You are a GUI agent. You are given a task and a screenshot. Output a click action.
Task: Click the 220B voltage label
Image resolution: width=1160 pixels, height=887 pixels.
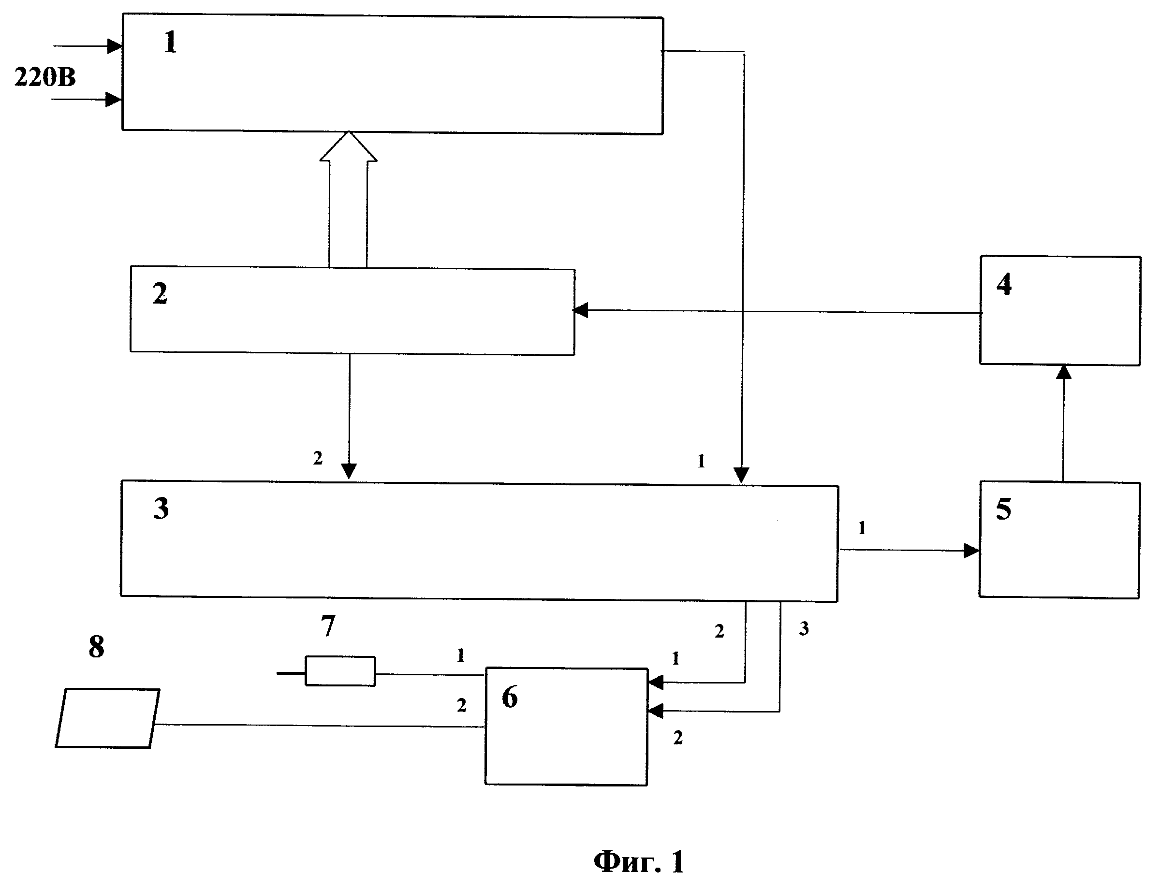(45, 77)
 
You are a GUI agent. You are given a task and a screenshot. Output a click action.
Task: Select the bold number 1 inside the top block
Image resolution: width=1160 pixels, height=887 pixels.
(170, 42)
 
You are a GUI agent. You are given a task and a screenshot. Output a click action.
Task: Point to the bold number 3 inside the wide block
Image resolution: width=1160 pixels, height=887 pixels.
(161, 508)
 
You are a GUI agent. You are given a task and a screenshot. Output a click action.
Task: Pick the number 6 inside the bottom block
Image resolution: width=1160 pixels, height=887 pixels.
(510, 697)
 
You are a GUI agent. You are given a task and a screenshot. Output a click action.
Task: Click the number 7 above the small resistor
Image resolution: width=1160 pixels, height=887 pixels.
(328, 625)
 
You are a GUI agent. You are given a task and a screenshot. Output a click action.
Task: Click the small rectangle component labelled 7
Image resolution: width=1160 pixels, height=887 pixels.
(340, 671)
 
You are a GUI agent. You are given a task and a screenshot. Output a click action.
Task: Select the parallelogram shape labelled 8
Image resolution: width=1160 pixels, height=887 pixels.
(107, 718)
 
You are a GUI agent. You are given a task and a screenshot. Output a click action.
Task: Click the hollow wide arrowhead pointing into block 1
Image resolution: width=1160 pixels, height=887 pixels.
(349, 146)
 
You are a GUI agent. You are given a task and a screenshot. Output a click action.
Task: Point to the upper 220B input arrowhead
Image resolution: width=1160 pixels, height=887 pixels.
(115, 46)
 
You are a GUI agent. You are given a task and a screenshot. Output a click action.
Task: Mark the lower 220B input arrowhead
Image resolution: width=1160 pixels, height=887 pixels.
(114, 99)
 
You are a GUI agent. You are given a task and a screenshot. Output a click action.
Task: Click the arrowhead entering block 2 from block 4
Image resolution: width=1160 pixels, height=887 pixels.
(581, 310)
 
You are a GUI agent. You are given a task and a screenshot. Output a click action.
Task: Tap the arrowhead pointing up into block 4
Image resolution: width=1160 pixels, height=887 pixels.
(1064, 372)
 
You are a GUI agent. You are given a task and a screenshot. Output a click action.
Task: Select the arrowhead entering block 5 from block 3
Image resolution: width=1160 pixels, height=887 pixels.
(971, 551)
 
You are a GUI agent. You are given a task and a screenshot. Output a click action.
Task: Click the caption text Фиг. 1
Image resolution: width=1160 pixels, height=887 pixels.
(639, 862)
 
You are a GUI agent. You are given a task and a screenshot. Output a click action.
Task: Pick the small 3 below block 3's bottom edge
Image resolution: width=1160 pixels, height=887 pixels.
(804, 628)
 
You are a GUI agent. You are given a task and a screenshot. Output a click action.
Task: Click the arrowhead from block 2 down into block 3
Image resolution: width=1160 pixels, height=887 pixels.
(349, 471)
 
